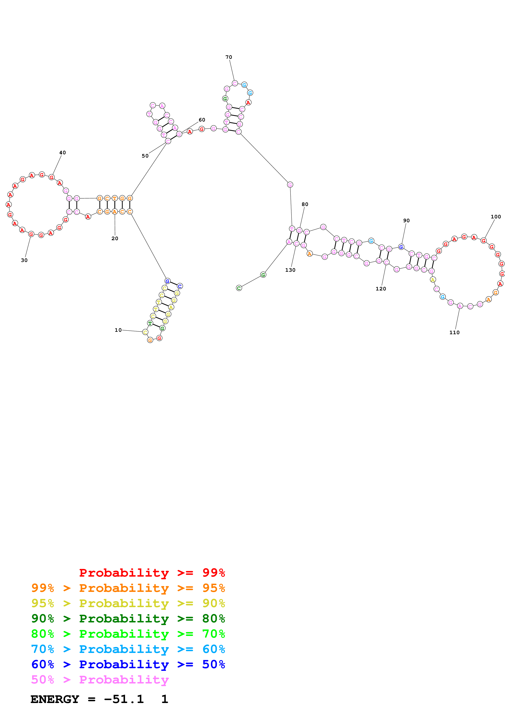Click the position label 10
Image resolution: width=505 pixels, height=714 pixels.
click(x=118, y=330)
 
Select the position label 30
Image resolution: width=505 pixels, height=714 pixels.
click(x=24, y=260)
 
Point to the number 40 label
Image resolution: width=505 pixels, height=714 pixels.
click(x=63, y=153)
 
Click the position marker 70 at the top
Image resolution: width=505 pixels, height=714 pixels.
click(x=229, y=57)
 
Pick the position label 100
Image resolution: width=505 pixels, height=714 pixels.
click(x=496, y=217)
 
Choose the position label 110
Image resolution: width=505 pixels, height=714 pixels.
click(x=454, y=332)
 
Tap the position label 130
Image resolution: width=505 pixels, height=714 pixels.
click(x=290, y=270)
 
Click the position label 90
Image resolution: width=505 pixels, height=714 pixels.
click(x=406, y=220)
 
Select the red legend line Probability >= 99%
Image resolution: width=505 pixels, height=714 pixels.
click(x=152, y=573)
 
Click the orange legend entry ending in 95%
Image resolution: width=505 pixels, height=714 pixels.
click(x=128, y=588)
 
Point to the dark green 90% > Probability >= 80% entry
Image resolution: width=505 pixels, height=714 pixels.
click(x=128, y=619)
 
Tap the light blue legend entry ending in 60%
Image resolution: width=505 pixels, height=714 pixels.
click(x=128, y=649)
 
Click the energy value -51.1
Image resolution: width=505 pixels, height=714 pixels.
click(x=124, y=699)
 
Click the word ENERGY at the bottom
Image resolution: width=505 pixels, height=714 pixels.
click(x=55, y=699)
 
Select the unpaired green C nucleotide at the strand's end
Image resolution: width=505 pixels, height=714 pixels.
click(x=239, y=288)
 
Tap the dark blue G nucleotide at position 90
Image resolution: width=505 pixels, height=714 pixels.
click(x=401, y=247)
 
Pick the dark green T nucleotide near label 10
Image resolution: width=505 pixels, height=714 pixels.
click(x=150, y=323)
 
